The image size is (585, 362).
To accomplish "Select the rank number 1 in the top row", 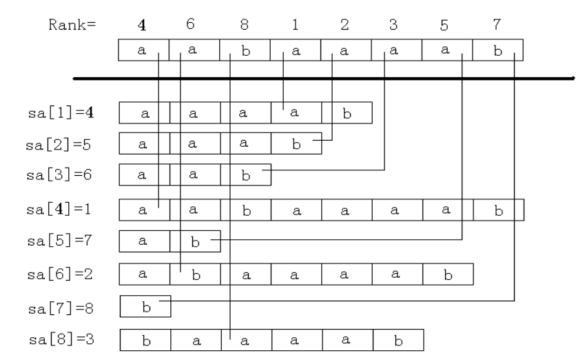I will tap(294, 26).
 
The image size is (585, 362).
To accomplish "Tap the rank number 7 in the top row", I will tap(497, 26).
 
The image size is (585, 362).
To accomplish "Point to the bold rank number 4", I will tap(143, 26).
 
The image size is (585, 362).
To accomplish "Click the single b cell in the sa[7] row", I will tap(145, 305).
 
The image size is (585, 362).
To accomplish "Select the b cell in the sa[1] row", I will tap(347, 113).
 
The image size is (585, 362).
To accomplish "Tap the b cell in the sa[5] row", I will tap(195, 241).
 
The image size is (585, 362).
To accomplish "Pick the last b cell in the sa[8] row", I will tap(398, 341).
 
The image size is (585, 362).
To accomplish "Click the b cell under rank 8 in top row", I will tap(245, 50).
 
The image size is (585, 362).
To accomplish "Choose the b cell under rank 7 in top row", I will tap(497, 50).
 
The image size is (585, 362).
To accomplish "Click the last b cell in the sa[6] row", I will tap(448, 274).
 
